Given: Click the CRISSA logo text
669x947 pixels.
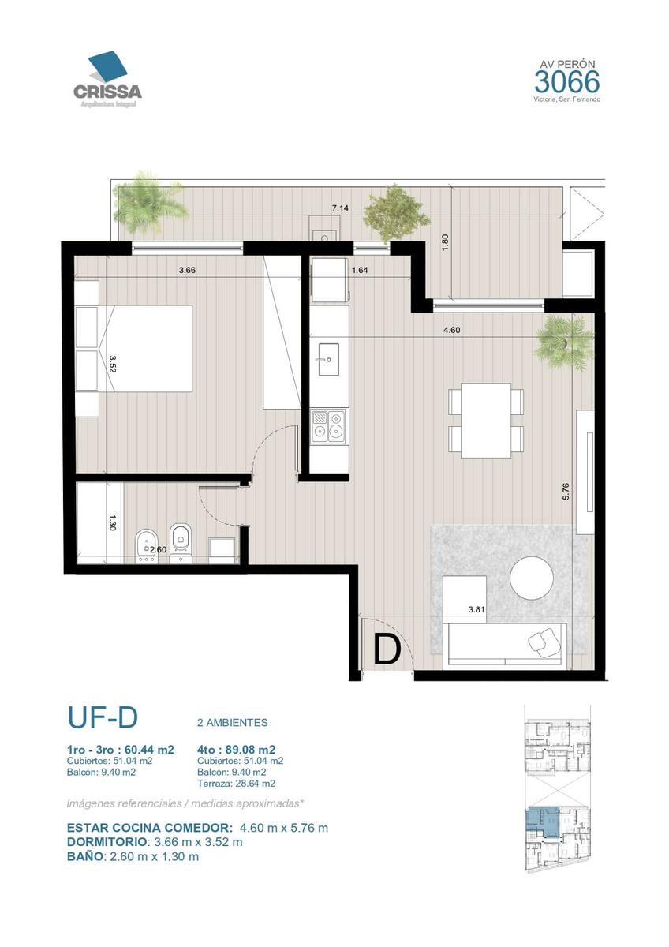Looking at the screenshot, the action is point(107,92).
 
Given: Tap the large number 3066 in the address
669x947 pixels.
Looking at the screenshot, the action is point(566,81).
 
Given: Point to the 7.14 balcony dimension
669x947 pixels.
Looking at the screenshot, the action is point(340,208).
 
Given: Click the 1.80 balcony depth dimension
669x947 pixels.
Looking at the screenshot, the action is point(444,242).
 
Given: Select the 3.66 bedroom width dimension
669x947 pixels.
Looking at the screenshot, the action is point(187,270).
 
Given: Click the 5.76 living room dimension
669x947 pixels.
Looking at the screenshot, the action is point(566,491).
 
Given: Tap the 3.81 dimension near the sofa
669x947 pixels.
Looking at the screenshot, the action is point(477,609).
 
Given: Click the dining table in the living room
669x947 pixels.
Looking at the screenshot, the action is point(486,420).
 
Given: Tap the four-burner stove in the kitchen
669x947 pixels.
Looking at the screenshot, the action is point(328,426).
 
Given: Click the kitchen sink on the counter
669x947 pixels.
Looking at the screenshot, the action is point(328,359).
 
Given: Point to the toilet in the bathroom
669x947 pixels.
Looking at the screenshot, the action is point(181,543).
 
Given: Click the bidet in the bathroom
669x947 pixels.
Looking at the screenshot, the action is point(146,546).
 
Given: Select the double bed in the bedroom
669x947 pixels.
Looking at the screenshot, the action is point(145,348).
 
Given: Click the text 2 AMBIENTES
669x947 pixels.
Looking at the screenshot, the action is point(233,723).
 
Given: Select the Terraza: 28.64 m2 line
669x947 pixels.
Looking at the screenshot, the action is point(236,784).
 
